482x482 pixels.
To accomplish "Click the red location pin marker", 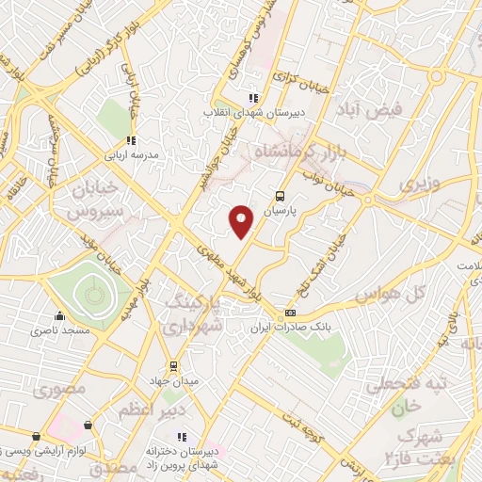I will pyautogui.click(x=242, y=221).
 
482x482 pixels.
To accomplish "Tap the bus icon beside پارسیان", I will pyautogui.click(x=280, y=197).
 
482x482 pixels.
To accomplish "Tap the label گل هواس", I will pyautogui.click(x=387, y=295).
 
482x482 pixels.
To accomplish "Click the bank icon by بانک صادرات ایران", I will pyautogui.click(x=290, y=313).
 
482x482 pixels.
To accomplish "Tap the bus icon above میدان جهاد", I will pyautogui.click(x=172, y=366).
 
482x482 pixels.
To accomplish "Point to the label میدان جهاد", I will pyautogui.click(x=172, y=381).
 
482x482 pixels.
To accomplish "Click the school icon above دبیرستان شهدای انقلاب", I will pyautogui.click(x=251, y=98).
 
